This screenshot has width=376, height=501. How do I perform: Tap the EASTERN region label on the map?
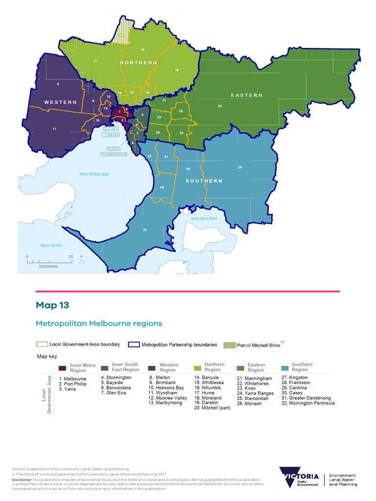(247, 95)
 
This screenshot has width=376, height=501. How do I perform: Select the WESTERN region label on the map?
(61, 102)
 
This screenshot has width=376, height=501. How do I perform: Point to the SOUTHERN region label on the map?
(204, 181)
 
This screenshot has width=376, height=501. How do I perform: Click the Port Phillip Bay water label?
(94, 174)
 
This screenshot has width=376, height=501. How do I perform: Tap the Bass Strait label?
(51, 245)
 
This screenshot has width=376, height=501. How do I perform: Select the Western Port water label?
(204, 218)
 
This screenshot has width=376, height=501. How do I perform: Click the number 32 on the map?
(145, 230)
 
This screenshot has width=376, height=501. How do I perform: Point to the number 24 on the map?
(220, 106)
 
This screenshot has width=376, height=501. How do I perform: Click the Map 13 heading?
(52, 305)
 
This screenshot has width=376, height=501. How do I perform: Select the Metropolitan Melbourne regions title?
(99, 323)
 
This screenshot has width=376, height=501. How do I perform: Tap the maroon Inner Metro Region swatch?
(62, 368)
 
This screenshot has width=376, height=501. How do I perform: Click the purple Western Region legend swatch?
(151, 368)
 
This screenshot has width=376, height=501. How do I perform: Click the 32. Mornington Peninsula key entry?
(308, 403)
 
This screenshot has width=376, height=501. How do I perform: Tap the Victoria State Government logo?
(299, 477)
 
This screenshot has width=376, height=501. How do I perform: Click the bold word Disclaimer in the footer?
(21, 479)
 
